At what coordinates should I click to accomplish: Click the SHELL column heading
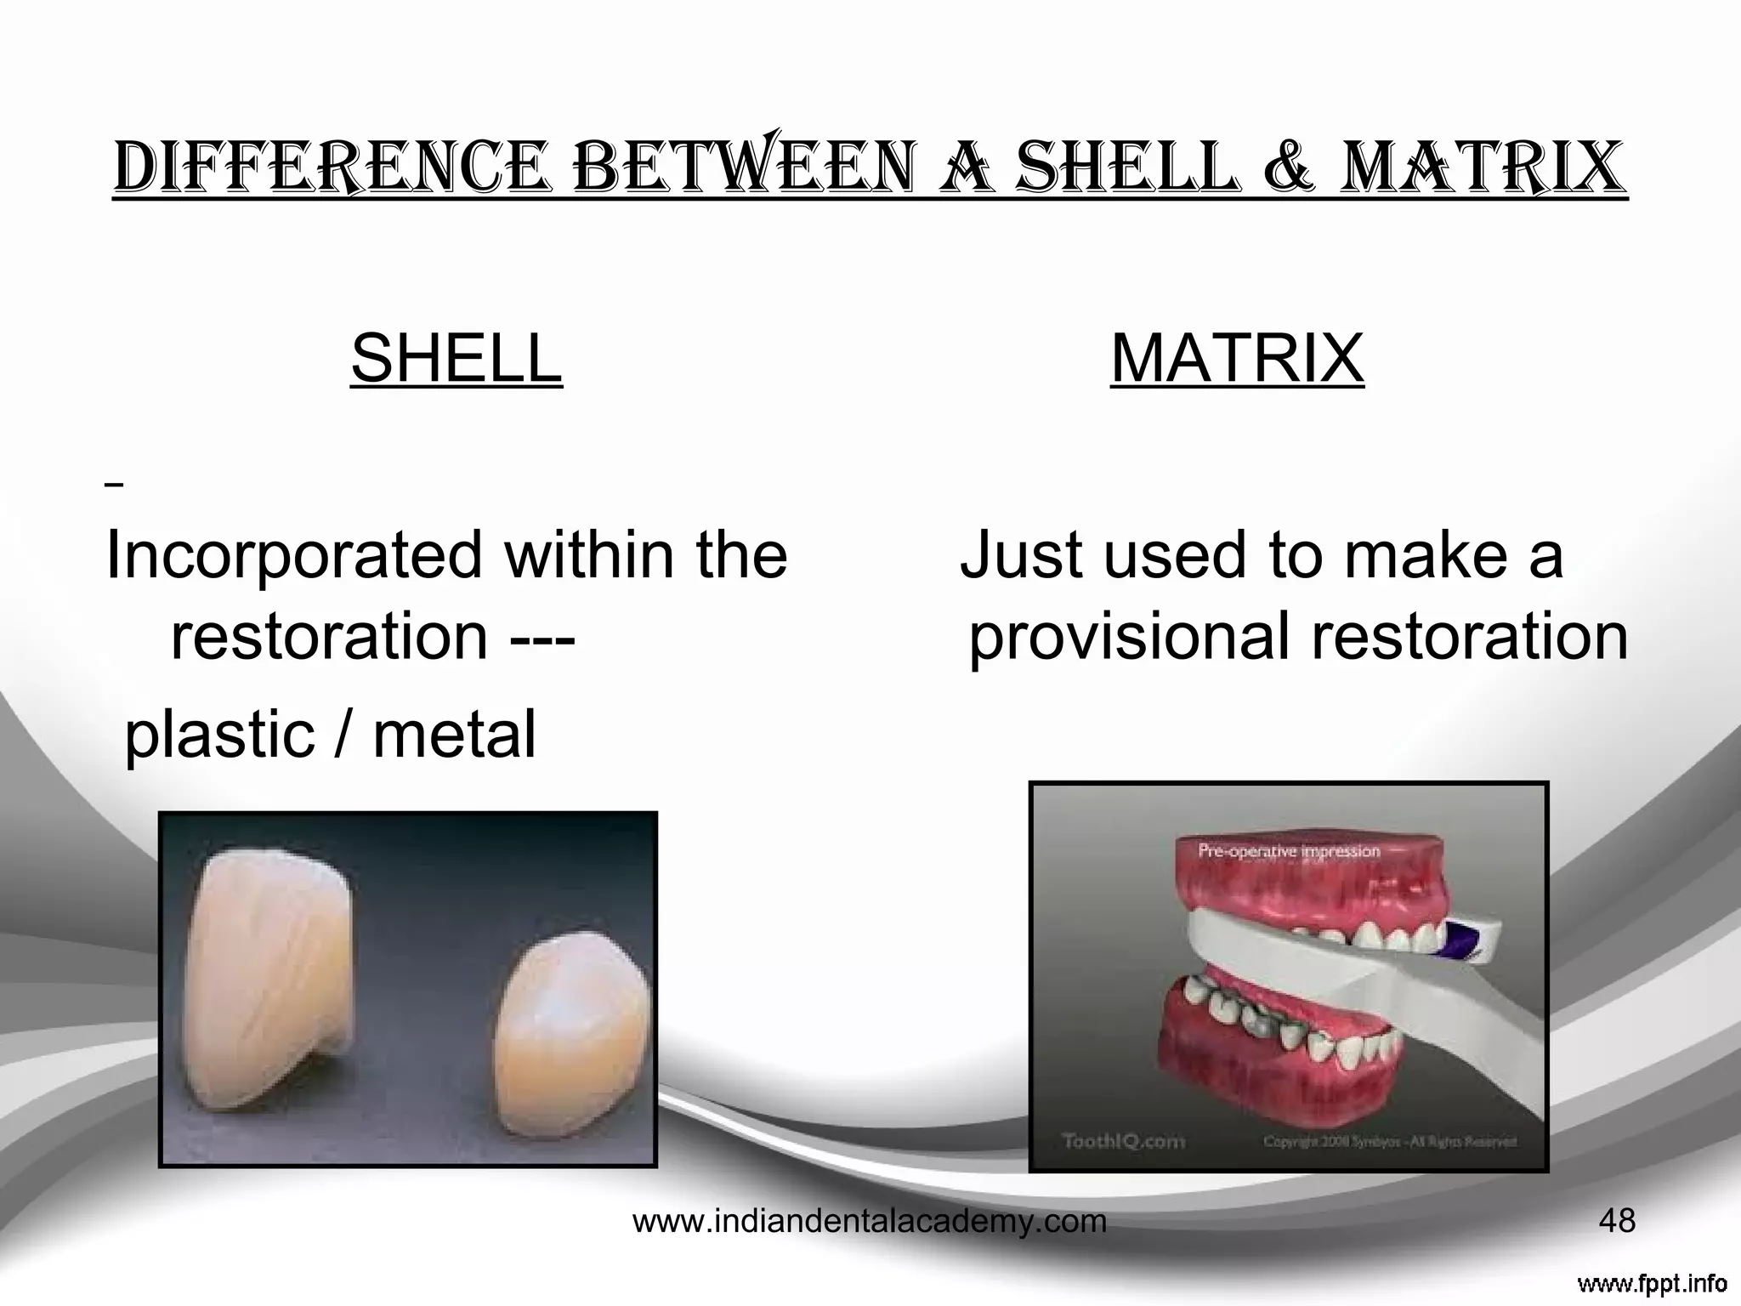coord(457,359)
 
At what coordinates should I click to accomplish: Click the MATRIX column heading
coord(1237,359)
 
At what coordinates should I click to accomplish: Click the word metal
coord(455,735)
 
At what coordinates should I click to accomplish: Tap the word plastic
coord(220,736)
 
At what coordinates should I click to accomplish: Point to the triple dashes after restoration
coord(543,638)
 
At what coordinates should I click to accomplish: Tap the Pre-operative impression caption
coord(1289,851)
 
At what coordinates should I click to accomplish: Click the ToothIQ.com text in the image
coord(1124,1141)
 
